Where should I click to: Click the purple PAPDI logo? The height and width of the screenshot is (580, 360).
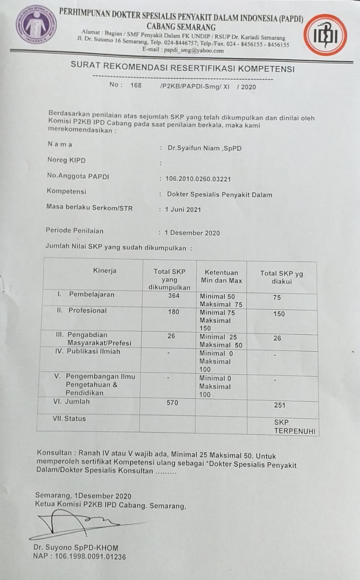pyautogui.click(x=36, y=24)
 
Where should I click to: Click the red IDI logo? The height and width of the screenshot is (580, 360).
pyautogui.click(x=325, y=35)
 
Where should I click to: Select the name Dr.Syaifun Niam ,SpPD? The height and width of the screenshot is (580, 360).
pyautogui.click(x=199, y=148)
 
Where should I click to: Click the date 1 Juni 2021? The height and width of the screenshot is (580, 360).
pyautogui.click(x=183, y=209)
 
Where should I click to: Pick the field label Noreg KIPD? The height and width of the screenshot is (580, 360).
pyautogui.click(x=66, y=160)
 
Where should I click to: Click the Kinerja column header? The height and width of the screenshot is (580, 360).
pyautogui.click(x=105, y=271)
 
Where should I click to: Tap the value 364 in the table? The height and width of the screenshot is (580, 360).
pyautogui.click(x=173, y=296)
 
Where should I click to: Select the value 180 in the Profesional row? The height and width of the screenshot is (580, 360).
pyautogui.click(x=173, y=312)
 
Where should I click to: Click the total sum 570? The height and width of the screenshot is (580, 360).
pyautogui.click(x=172, y=402)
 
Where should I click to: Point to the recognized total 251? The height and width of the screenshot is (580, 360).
pyautogui.click(x=280, y=405)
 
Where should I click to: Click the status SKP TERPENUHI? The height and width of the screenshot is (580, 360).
pyautogui.click(x=294, y=427)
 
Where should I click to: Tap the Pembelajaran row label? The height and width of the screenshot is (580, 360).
pyautogui.click(x=91, y=295)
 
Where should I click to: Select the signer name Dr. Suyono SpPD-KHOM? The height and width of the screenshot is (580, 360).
pyautogui.click(x=76, y=547)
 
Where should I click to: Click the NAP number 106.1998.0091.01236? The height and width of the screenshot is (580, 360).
pyautogui.click(x=79, y=556)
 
